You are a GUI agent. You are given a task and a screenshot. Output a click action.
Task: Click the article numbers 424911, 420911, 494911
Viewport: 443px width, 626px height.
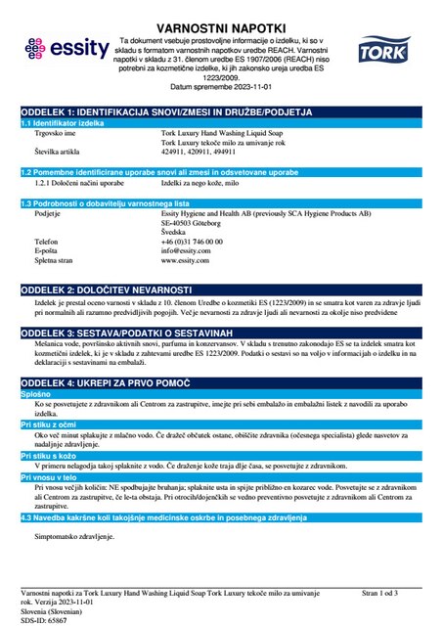(201, 153)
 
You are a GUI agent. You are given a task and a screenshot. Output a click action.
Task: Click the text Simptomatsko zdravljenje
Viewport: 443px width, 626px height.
(74, 538)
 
